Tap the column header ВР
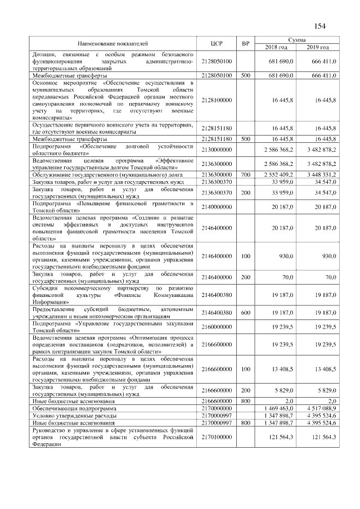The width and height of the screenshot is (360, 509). pos(245,43)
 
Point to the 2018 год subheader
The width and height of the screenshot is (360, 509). pos(276,47)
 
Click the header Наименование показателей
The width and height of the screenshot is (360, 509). pos(113,43)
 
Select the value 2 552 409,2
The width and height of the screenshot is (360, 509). pos(278,175)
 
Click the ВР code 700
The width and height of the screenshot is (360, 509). pos(245,175)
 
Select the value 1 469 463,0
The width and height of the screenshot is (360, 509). pos(278,408)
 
